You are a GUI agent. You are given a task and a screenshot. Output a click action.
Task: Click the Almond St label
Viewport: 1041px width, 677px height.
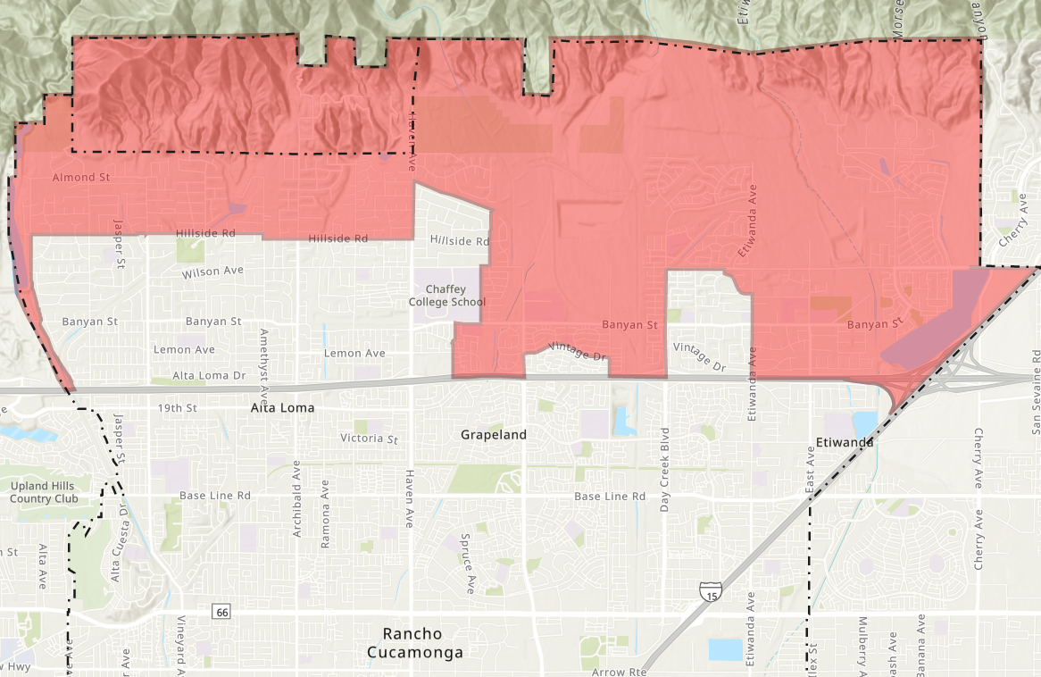pos(80,178)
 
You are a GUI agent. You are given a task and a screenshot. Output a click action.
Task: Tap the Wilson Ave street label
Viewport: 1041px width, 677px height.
pos(212,271)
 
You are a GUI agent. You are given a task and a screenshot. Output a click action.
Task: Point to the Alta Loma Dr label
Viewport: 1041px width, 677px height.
pos(209,376)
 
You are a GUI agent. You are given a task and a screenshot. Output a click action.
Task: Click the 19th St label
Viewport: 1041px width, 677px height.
pos(175,408)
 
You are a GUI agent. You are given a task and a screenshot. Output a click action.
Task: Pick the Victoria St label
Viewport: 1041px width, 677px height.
pos(369,439)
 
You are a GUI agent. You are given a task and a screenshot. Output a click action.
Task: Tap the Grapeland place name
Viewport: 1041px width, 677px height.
pos(494,435)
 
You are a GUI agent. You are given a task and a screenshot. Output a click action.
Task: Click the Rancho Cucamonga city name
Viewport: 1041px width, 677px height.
pos(415,643)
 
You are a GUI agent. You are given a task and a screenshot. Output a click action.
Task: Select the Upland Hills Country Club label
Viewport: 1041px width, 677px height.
pos(44,492)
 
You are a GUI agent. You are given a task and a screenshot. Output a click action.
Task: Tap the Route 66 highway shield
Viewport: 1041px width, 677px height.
pos(221,612)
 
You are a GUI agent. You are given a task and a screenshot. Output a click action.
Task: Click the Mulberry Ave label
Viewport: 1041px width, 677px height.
pos(862,646)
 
